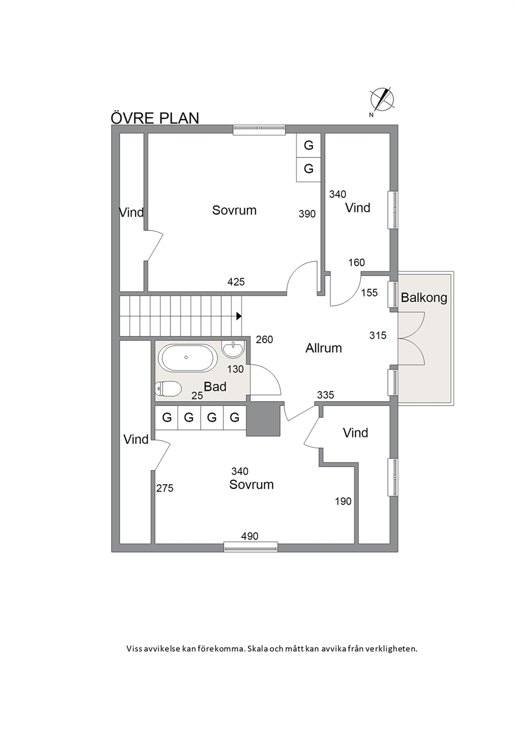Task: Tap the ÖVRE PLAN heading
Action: coord(155,118)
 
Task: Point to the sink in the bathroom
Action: coord(233,349)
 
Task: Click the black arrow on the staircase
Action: coord(239,316)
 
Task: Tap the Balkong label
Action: coord(424,297)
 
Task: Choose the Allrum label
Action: coord(323,348)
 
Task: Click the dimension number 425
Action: coord(236,282)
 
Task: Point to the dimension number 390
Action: coord(307,214)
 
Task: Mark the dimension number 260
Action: coord(264,339)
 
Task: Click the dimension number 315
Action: coord(378,335)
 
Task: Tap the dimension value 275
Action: coord(165,488)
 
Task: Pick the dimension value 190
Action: coord(343,501)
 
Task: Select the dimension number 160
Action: coord(356,262)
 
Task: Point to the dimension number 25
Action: coord(197,395)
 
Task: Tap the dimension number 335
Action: coord(326,395)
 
